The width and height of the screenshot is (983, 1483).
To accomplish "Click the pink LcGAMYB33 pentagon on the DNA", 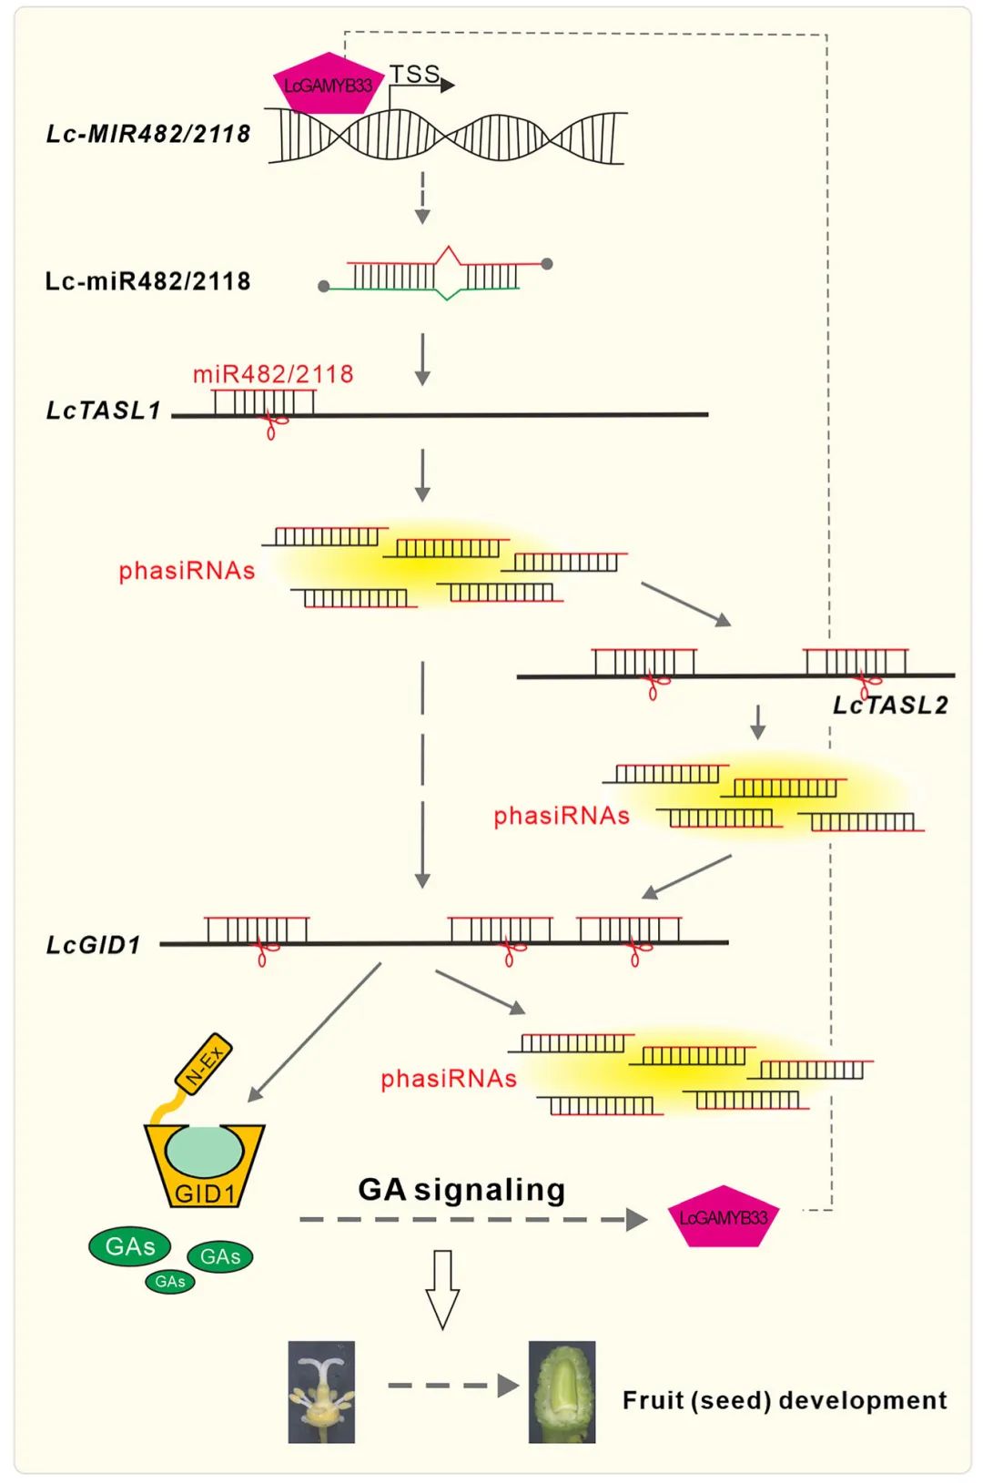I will point(328,84).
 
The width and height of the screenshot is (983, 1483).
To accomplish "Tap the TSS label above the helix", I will point(414,74).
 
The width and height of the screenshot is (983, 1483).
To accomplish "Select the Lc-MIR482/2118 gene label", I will point(148,134).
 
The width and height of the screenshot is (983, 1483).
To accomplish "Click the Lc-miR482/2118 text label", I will point(147,281).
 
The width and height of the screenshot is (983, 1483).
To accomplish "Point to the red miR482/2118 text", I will point(273,374).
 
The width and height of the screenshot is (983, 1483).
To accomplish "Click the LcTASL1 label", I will point(103,411).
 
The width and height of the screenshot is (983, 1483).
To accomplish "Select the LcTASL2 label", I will point(890,706).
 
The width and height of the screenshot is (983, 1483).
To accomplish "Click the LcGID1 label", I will point(94,945).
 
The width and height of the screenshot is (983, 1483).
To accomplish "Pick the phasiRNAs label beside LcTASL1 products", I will point(187,571).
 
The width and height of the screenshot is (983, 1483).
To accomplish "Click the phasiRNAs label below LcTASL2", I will point(562,816).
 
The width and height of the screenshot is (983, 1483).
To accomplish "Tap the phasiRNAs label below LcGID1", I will point(449,1079).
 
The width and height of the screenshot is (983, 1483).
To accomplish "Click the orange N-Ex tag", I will point(204,1062).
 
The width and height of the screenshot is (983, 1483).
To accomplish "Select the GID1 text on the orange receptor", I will point(205,1194).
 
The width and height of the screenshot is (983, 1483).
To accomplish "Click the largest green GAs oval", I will point(129,1246).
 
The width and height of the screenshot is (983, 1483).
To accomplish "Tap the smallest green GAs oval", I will point(170,1282).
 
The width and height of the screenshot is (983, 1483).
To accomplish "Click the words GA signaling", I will point(461,1190).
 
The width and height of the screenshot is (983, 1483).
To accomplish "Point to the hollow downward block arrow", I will point(443,1289).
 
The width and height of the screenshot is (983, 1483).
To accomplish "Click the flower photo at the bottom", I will point(321,1391).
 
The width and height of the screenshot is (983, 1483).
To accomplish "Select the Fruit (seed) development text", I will point(785,1400).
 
